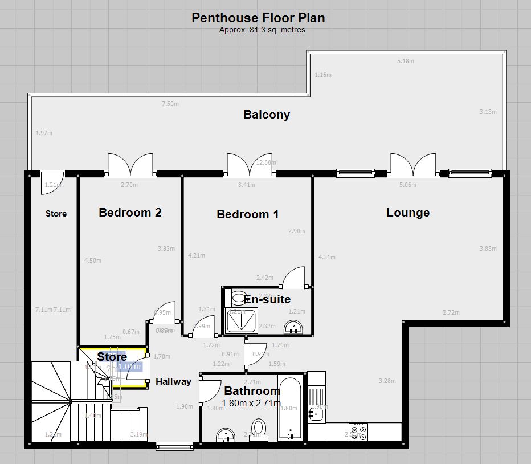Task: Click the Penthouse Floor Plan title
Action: coord(258,18)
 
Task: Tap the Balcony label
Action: coord(267,115)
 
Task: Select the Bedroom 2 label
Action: coord(130,213)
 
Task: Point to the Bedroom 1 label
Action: coord(247,214)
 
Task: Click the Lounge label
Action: coord(408,213)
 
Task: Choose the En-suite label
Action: coord(267,299)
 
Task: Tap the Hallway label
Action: coord(173,381)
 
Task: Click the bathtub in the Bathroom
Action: coord(292,408)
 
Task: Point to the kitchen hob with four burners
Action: coord(360,432)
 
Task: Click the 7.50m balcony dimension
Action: coord(170,104)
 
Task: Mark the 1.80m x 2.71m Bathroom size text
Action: coord(252,404)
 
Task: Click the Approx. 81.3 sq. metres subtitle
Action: coord(262,30)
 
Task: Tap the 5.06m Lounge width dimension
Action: coord(408,185)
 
